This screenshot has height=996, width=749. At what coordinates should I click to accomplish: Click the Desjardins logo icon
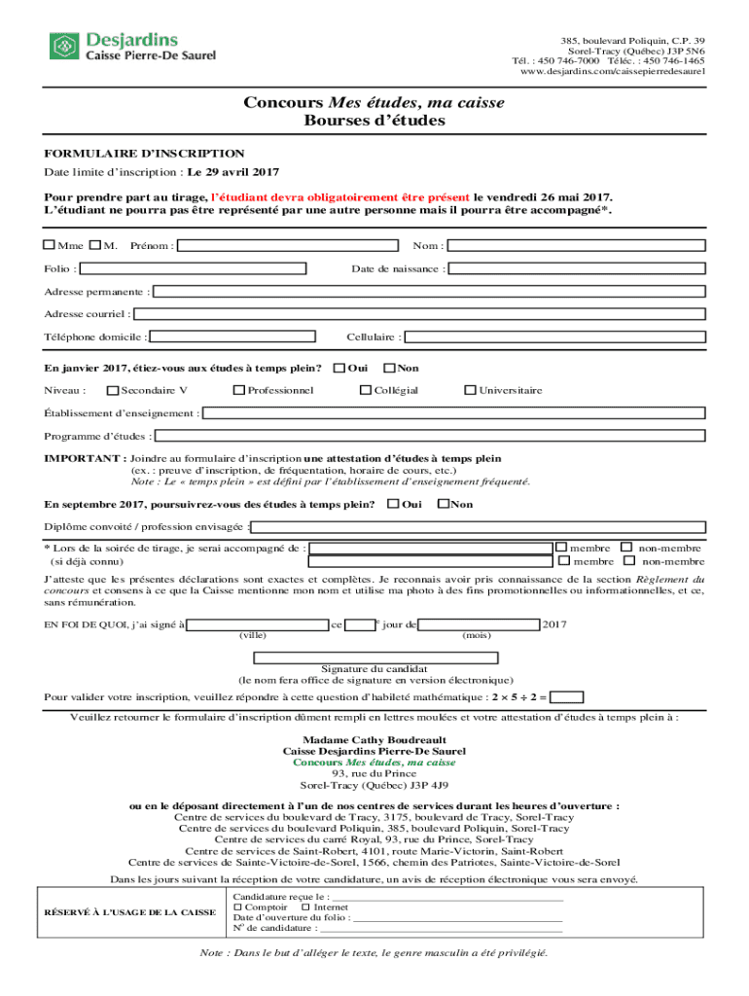63,46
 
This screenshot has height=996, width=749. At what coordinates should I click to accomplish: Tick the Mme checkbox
50,245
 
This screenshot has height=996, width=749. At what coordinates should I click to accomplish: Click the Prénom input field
288,246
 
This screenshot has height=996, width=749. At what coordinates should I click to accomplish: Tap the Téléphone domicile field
233,338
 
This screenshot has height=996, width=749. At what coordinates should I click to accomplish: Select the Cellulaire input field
554,338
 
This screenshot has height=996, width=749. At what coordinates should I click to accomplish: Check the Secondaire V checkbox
113,391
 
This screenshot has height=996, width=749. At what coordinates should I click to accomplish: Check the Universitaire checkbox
471,391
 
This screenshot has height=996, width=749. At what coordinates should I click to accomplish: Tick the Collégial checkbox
366,391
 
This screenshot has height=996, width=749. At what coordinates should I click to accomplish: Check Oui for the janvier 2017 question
339,369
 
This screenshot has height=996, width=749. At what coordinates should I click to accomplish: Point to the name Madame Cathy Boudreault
374,739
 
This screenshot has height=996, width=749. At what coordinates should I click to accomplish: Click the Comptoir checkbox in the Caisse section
238,907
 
